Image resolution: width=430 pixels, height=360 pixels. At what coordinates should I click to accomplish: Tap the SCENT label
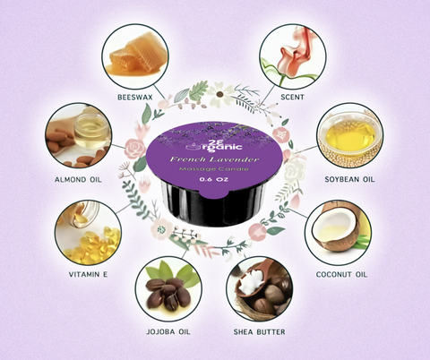(293, 92)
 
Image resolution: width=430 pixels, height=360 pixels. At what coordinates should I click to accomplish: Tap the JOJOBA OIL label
(167, 333)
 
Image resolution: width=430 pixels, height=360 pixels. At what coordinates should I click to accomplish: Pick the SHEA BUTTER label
(259, 333)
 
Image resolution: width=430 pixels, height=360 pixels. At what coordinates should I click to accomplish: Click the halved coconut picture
(339, 231)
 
